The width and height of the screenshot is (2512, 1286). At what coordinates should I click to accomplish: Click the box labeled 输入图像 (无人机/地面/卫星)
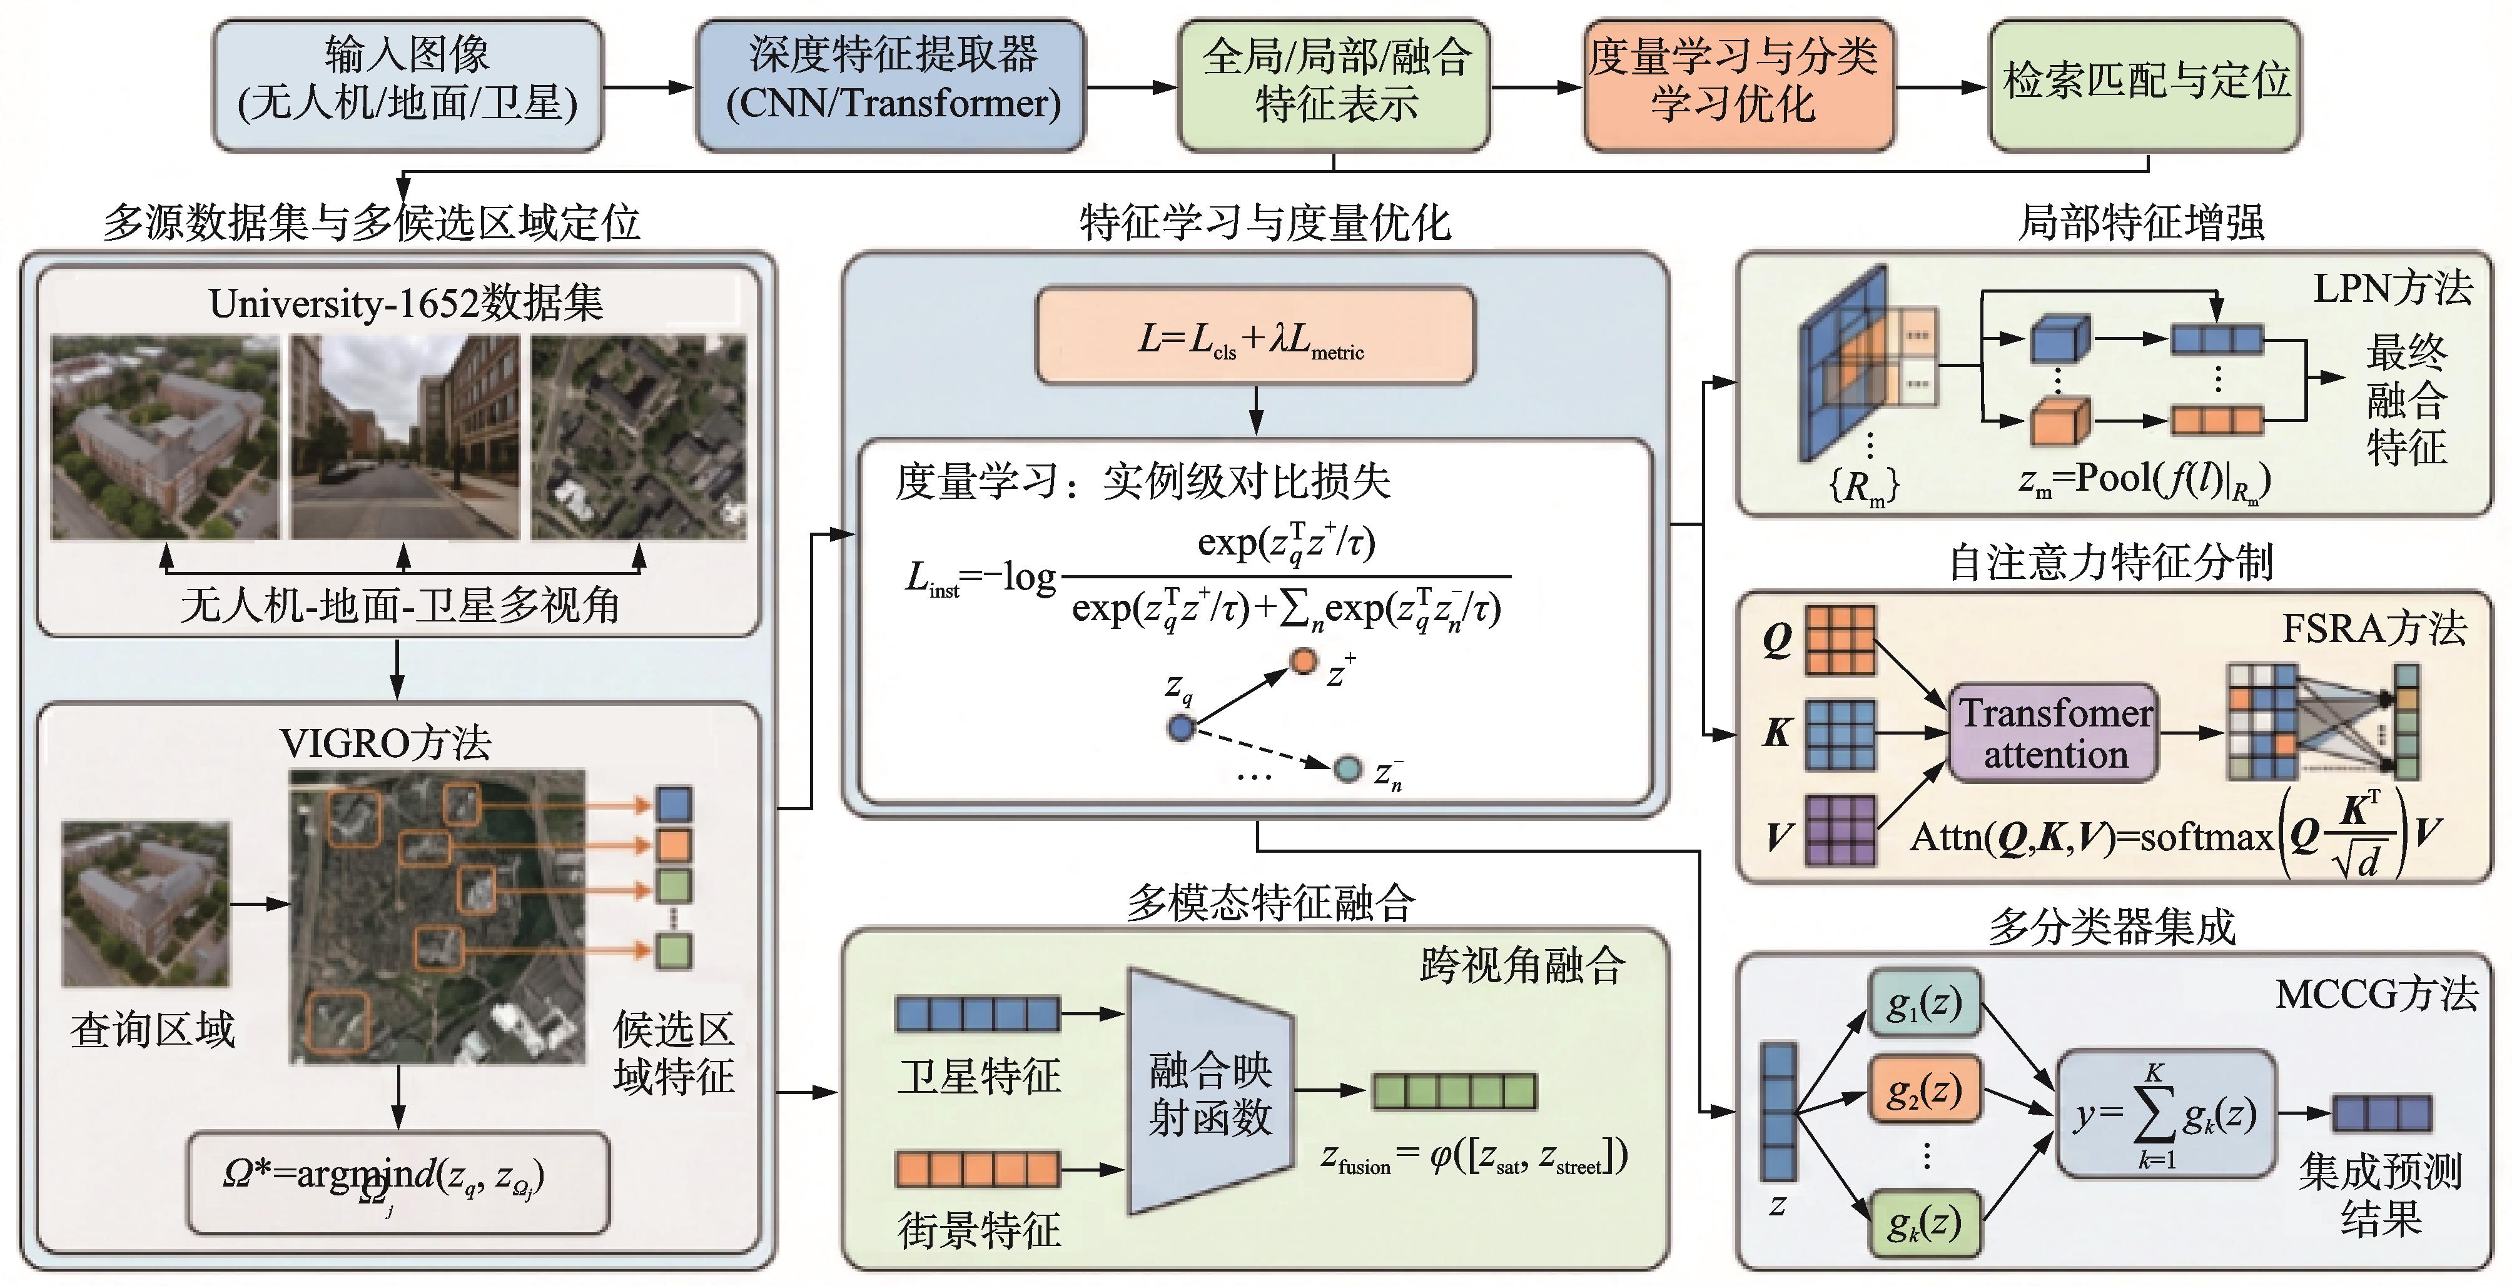pos(408,86)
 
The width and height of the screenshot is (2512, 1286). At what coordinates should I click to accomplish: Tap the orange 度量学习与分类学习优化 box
pos(1738,86)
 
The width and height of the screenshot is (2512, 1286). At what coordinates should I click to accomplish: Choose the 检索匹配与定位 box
pos(2145,86)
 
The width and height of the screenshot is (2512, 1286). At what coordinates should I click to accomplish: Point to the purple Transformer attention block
pos(2054,733)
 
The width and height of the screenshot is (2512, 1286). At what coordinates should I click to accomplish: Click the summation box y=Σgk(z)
pos(2165,1113)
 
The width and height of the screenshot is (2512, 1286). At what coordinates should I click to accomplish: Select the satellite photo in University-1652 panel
pos(639,437)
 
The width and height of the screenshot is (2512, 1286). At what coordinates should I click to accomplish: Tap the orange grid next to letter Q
pos(1840,641)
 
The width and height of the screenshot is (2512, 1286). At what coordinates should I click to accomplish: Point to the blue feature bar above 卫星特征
pos(977,1014)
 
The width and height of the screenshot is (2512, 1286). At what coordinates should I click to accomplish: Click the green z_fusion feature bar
pos(1454,1091)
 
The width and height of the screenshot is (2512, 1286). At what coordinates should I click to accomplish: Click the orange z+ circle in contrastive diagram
pos(1304,661)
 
